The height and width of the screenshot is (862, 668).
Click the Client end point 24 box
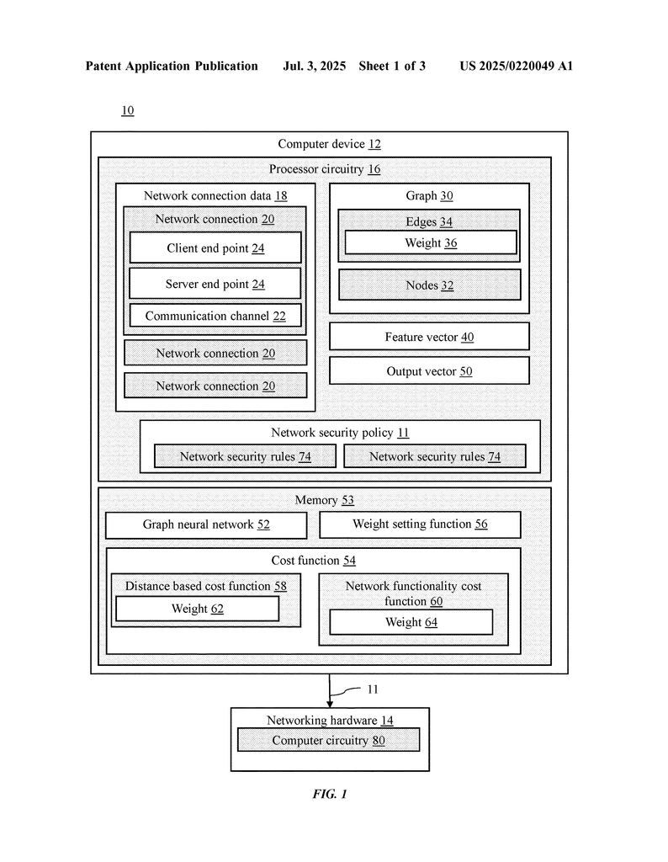tap(215, 247)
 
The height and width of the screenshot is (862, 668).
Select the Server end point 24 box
tap(215, 283)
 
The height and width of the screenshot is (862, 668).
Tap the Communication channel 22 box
tap(215, 316)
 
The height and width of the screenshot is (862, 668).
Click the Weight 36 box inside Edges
tap(431, 242)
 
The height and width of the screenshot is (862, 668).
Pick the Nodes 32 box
tap(430, 285)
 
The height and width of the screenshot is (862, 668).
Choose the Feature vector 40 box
tap(429, 337)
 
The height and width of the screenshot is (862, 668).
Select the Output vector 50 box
tap(429, 370)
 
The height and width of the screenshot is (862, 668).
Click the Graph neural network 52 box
tap(206, 524)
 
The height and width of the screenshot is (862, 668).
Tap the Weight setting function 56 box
tap(421, 524)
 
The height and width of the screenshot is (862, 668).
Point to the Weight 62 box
tap(197, 609)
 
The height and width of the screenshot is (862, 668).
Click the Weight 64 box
tap(411, 622)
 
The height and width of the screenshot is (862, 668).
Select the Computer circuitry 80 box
tap(328, 740)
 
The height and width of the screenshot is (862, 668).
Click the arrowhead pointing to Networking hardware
tap(330, 704)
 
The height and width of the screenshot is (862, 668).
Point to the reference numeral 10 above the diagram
tap(127, 110)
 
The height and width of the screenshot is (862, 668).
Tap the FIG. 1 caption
tap(330, 794)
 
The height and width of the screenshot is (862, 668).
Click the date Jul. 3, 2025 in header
tap(314, 66)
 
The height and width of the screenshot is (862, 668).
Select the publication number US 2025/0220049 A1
tap(517, 66)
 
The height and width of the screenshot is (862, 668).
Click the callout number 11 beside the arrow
tap(373, 689)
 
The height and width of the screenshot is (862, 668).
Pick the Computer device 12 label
tap(329, 144)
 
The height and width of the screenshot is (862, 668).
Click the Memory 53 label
tap(325, 500)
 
